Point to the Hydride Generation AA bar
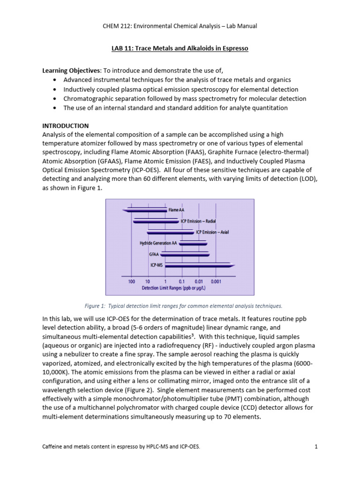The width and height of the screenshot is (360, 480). pos(193,243)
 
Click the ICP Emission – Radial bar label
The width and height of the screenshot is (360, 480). pos(198,221)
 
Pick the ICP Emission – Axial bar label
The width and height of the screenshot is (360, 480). pos(212,232)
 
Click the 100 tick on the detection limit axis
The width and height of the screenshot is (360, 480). pos(131,281)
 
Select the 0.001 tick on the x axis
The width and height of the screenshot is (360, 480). pos(216,281)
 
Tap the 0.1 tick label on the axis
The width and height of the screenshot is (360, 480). pos(182,281)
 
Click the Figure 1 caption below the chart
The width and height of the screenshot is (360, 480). pos(183,306)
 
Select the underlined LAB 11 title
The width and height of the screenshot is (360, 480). pos(180,48)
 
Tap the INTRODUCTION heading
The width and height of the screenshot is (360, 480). pos(66,126)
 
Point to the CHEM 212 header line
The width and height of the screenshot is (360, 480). pos(180,26)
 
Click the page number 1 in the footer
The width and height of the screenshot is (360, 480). pos(316,447)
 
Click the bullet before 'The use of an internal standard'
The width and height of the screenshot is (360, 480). pos(55,108)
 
